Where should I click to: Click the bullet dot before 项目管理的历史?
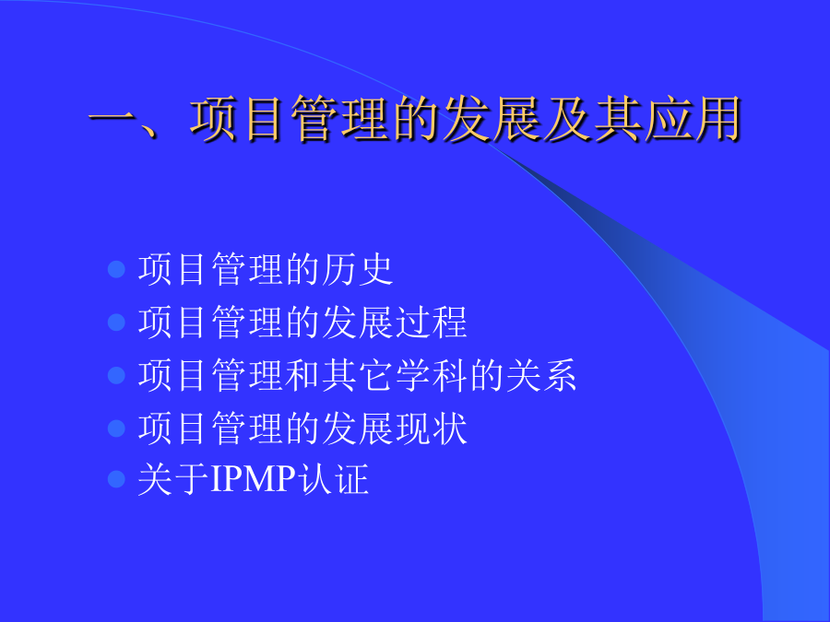[116, 269]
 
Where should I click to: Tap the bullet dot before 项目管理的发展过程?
[116, 323]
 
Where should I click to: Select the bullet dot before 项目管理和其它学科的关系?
[116, 375]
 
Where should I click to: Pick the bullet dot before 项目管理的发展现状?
[116, 428]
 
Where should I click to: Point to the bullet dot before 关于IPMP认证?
[116, 479]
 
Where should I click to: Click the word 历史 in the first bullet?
[357, 269]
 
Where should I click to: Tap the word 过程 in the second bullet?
[432, 323]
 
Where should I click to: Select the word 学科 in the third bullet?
[432, 375]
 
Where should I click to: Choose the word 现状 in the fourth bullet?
[432, 428]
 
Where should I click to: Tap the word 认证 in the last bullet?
[333, 479]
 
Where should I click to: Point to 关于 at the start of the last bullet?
[173, 479]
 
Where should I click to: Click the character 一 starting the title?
[112, 120]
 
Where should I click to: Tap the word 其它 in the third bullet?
[357, 375]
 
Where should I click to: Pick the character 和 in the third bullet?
[302, 375]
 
